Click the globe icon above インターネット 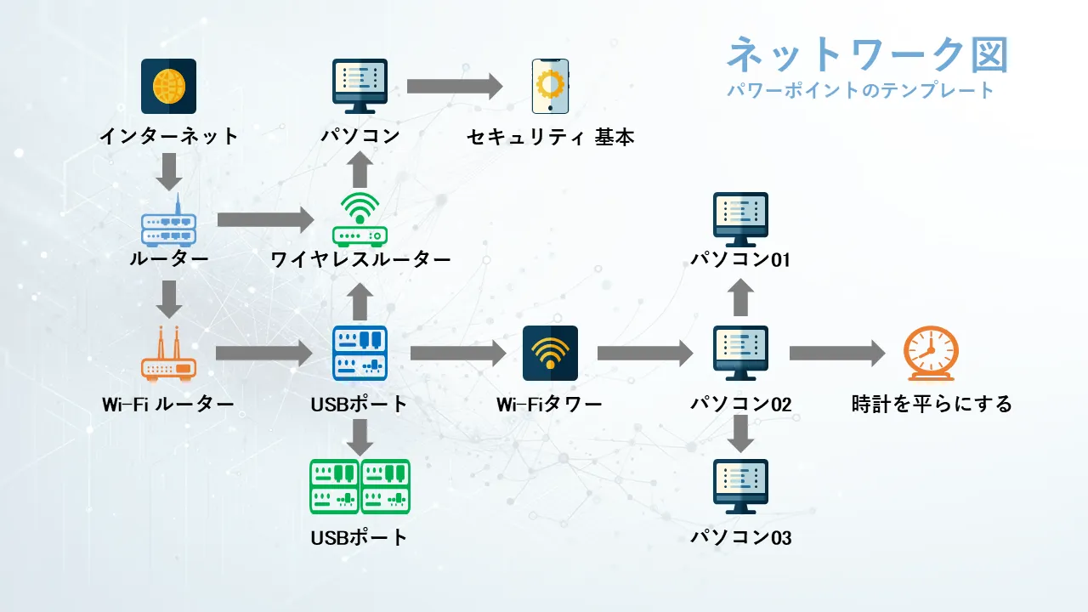(x=168, y=86)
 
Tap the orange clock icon (x=930, y=354)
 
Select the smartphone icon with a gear (x=550, y=86)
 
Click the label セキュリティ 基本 (x=550, y=137)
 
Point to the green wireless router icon (x=360, y=219)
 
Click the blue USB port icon (x=360, y=353)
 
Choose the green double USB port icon (x=360, y=486)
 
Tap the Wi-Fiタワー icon (x=550, y=353)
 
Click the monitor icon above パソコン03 (x=740, y=486)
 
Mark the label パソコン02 (x=740, y=405)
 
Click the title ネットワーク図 (x=867, y=55)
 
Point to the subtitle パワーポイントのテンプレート (x=860, y=90)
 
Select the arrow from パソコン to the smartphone (x=455, y=86)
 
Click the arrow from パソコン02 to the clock (x=837, y=354)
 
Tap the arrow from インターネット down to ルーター (x=169, y=172)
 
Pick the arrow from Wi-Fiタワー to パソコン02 (x=645, y=354)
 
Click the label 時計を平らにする (x=932, y=405)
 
